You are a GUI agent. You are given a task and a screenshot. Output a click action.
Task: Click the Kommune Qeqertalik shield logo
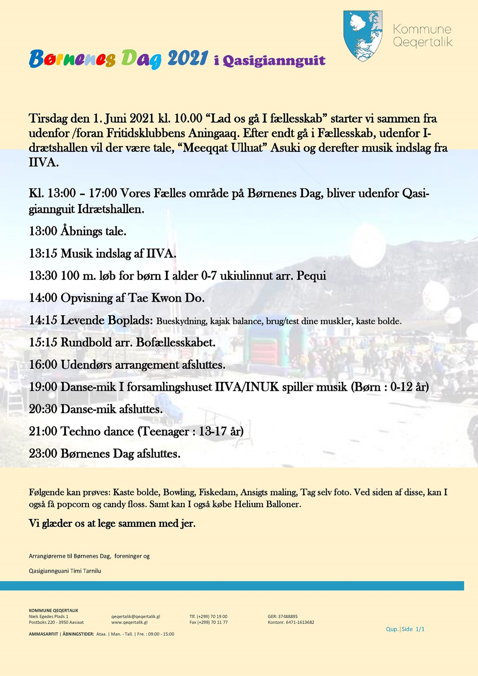click(363, 36)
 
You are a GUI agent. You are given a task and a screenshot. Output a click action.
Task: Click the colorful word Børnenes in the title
click(72, 59)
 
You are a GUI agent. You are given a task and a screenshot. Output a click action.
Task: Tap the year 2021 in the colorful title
click(188, 58)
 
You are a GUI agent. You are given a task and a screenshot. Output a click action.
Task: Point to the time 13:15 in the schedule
click(43, 254)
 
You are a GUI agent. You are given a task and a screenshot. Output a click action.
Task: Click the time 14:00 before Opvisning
click(43, 298)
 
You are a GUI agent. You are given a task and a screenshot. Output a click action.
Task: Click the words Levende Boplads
click(107, 320)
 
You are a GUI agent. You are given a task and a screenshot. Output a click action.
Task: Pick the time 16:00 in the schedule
click(43, 365)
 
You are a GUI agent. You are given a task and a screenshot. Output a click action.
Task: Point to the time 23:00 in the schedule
click(43, 454)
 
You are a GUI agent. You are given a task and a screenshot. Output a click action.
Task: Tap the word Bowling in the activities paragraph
click(179, 492)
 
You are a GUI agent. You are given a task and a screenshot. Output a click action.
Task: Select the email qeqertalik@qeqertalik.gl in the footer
click(135, 616)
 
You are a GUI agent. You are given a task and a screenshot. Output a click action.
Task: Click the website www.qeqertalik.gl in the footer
click(129, 622)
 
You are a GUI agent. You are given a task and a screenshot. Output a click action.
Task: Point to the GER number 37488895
click(288, 616)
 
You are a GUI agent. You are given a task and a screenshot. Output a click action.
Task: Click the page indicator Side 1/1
click(413, 629)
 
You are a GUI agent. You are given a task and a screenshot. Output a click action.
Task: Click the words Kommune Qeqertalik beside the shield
click(422, 36)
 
